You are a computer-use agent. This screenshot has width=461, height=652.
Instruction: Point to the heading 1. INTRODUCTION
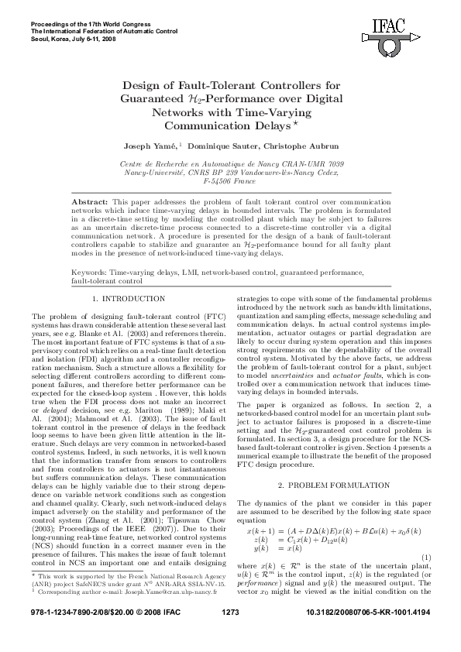tap(128, 298)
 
